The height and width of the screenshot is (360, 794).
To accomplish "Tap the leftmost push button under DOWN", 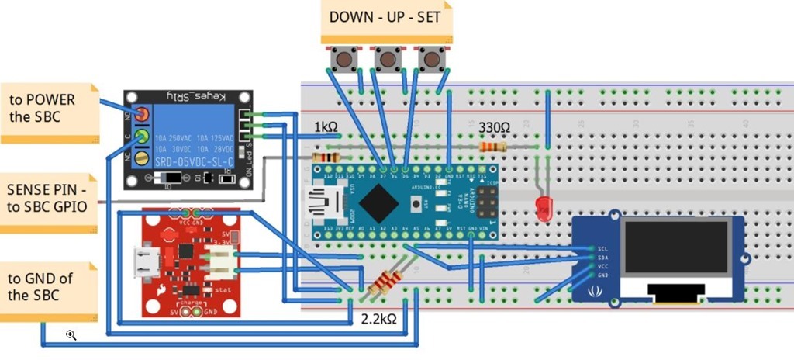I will click(x=340, y=59).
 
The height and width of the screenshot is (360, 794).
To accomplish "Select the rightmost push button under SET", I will click(x=429, y=59).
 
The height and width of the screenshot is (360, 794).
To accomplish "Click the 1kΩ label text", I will click(x=326, y=127).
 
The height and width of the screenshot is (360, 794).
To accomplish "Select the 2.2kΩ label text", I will click(x=379, y=319).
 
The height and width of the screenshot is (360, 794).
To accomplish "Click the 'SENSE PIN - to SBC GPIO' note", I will click(x=47, y=198).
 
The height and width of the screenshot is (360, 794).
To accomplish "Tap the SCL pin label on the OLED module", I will click(x=602, y=250).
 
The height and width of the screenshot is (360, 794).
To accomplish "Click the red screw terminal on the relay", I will click(x=143, y=116).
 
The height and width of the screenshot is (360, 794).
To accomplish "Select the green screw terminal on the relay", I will click(x=143, y=137).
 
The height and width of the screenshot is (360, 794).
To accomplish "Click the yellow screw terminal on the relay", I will click(x=143, y=159).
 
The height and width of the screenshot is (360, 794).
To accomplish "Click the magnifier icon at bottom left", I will click(x=71, y=334).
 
